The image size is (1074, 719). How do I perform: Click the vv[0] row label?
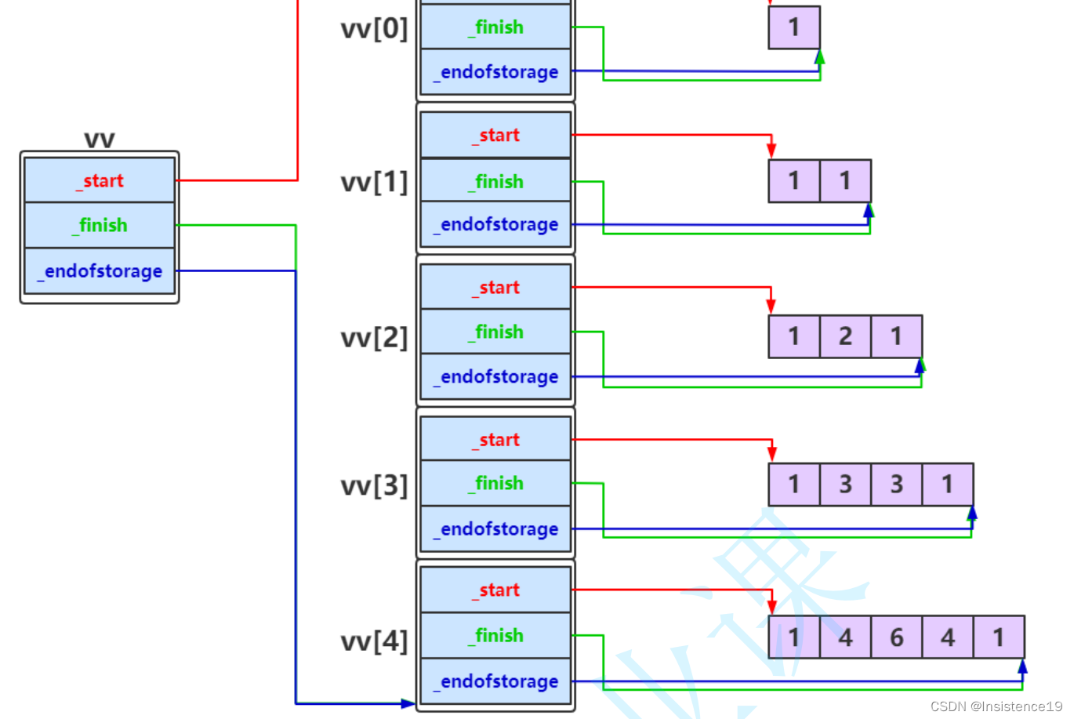click(374, 29)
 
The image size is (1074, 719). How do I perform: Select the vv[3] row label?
click(374, 485)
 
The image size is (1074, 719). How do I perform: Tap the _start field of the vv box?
click(100, 180)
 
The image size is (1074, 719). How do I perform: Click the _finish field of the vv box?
click(100, 226)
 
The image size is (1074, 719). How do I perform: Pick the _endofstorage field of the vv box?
click(100, 271)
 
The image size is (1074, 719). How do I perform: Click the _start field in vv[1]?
click(495, 135)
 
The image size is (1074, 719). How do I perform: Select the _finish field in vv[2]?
click(495, 332)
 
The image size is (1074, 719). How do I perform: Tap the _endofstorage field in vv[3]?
click(495, 529)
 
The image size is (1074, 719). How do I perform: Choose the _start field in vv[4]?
click(495, 590)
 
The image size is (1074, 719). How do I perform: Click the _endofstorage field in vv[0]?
click(495, 72)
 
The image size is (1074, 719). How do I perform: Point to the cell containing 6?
click(896, 637)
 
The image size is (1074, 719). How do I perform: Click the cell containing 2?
click(845, 336)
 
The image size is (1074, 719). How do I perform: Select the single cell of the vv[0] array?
click(794, 27)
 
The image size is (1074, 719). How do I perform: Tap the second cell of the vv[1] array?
click(845, 181)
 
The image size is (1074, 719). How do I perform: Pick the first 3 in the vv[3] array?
click(845, 485)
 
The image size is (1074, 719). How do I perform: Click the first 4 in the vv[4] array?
click(845, 637)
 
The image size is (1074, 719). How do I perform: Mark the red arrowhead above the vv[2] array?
click(771, 305)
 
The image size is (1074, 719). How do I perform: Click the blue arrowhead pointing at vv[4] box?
click(408, 703)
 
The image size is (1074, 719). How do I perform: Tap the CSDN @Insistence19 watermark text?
click(996, 706)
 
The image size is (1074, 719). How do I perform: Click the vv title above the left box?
click(100, 140)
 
